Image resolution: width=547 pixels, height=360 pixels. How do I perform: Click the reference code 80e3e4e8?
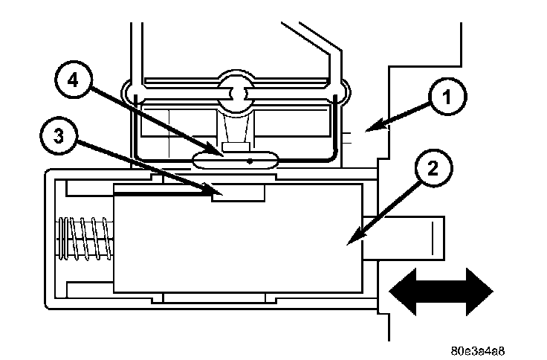click(x=481, y=347)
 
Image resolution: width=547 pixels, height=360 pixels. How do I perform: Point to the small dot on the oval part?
click(x=250, y=158)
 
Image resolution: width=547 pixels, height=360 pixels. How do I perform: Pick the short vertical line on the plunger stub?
click(x=430, y=239)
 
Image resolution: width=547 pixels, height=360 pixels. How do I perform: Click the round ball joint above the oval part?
click(x=236, y=93)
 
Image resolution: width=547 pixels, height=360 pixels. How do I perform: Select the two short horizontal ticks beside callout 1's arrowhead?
click(x=349, y=135)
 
